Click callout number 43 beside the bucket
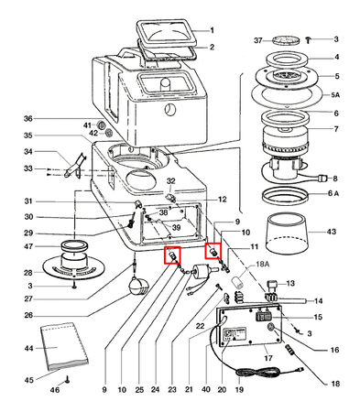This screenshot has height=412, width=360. [331, 232]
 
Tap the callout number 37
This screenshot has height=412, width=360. [258, 40]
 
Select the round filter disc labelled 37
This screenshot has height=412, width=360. [286, 39]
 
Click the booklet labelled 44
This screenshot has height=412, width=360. [64, 345]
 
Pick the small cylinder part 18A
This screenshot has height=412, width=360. [237, 281]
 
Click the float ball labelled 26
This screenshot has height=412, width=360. [139, 286]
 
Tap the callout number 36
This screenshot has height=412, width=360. [28, 118]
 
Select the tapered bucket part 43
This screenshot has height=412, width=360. [286, 233]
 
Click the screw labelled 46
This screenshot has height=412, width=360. [67, 379]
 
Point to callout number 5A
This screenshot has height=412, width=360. [335, 95]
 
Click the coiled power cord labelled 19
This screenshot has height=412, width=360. [259, 373]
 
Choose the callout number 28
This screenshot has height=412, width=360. [28, 273]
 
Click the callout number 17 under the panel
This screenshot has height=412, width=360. [267, 357]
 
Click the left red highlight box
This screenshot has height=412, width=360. [172, 255]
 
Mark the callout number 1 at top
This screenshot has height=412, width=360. [212, 30]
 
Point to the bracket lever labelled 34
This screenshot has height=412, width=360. [75, 167]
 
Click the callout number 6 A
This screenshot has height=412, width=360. [333, 193]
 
